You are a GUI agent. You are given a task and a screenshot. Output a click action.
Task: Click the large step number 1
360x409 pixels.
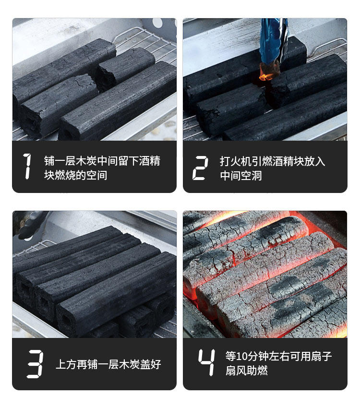click(28, 166)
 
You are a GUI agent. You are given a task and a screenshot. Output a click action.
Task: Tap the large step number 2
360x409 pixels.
click(200, 168)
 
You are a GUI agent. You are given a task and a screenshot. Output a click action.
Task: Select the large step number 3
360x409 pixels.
click(35, 364)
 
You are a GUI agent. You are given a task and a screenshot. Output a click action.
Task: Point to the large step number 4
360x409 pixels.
click(207, 362)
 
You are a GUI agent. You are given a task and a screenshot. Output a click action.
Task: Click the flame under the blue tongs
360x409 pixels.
click(265, 76)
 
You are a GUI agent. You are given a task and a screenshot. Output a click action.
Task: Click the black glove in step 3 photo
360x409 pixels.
click(30, 224)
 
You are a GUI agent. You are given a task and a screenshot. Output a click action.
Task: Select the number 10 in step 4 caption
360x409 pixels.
click(241, 356)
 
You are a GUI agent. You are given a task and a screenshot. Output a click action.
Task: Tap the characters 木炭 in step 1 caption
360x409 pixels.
click(86, 161)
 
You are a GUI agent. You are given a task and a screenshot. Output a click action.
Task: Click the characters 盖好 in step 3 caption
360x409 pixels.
click(151, 364)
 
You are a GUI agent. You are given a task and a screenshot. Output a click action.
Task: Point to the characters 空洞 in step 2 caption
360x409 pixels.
click(252, 176)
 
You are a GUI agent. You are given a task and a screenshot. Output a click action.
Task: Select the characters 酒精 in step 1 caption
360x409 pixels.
click(149, 161)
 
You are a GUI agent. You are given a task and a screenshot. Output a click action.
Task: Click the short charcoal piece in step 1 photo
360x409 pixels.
click(125, 68)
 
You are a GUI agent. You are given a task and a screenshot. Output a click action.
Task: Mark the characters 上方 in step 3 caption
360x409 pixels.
click(66, 364)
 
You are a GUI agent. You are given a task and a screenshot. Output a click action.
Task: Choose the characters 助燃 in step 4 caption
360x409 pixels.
click(257, 371)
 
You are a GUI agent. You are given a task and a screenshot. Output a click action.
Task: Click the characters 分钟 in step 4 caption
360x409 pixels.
click(258, 356)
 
